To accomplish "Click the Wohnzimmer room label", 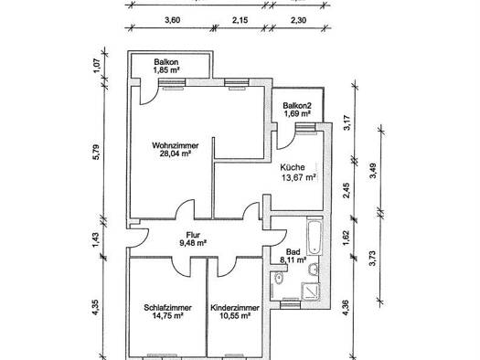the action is click(x=176, y=145).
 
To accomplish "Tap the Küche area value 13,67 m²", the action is click(x=298, y=177).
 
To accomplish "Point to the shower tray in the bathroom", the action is click(x=311, y=291).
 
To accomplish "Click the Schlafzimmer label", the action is click(x=167, y=308).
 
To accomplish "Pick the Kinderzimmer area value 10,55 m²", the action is click(x=235, y=315).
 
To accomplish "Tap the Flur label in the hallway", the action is click(x=193, y=235).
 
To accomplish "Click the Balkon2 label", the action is click(x=297, y=106).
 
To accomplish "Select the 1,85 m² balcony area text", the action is click(x=166, y=70).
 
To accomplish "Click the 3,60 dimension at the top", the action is click(x=173, y=20).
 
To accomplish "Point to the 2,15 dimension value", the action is click(x=240, y=20).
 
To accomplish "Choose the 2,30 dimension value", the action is click(x=298, y=20).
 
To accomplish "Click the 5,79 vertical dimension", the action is click(x=96, y=152).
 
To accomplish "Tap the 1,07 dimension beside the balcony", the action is click(x=96, y=66).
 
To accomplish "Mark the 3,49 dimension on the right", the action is click(x=373, y=171).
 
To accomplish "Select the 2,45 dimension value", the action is click(x=347, y=190).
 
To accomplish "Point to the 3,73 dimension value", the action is click(x=373, y=259).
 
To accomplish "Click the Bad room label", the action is click(x=293, y=252).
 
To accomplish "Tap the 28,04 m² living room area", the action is click(x=176, y=154).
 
